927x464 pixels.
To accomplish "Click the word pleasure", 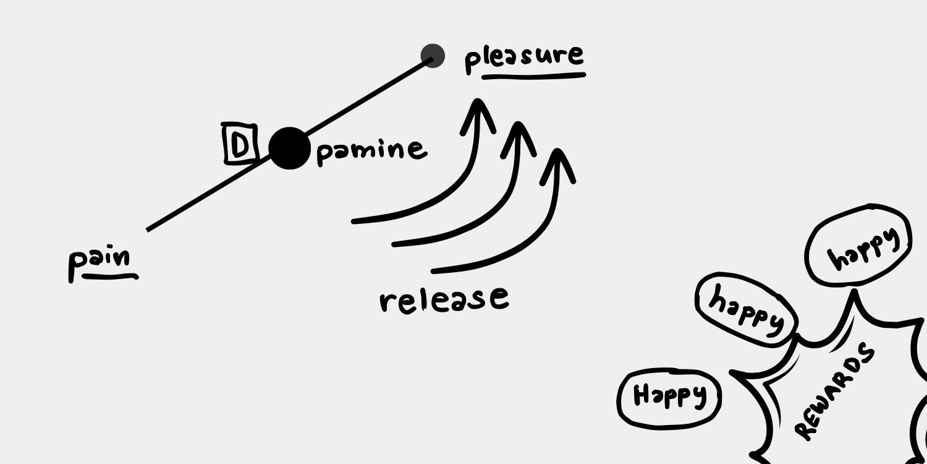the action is point(524,57).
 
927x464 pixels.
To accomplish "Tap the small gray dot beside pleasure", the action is point(433,56).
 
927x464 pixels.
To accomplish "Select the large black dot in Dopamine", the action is point(289,148).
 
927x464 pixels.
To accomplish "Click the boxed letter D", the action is point(239,145).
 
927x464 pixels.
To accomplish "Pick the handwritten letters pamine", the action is point(371,150).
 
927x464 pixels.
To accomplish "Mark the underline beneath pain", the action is point(110,277).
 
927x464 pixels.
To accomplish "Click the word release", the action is point(444,299).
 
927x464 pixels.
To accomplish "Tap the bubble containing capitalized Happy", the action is point(669,398).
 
